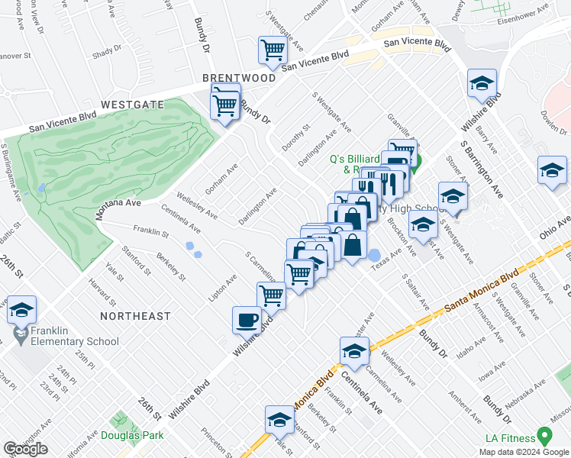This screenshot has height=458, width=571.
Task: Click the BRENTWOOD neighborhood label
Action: pyautogui.click(x=239, y=79)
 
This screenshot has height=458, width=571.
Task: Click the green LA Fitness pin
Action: pyautogui.click(x=544, y=436)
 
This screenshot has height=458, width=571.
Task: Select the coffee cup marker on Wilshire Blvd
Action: pyautogui.click(x=247, y=320)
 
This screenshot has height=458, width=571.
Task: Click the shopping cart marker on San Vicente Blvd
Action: pyautogui.click(x=273, y=50)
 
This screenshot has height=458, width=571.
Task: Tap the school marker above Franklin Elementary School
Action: pyautogui.click(x=21, y=310)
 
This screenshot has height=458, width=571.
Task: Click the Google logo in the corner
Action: pyautogui.click(x=25, y=449)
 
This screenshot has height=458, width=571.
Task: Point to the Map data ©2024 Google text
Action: pyautogui.click(x=524, y=452)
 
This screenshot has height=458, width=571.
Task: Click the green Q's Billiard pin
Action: pyautogui.click(x=417, y=160)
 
